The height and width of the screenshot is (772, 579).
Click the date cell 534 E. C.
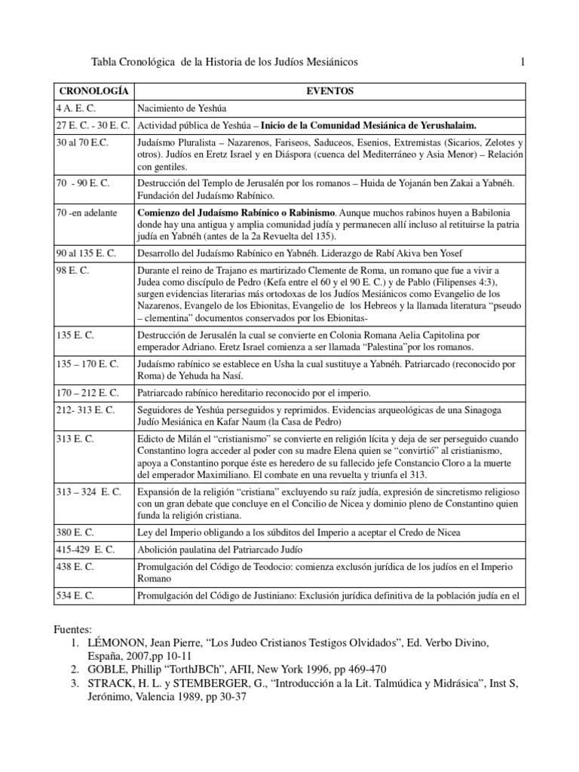coord(75,596)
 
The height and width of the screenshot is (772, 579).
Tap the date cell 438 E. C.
coord(75,566)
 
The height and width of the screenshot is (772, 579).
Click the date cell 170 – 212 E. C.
coord(87,393)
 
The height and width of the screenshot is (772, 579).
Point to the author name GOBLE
coord(104,669)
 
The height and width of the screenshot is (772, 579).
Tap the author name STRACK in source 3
coord(107,683)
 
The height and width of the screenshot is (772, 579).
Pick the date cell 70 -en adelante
coord(87,213)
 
